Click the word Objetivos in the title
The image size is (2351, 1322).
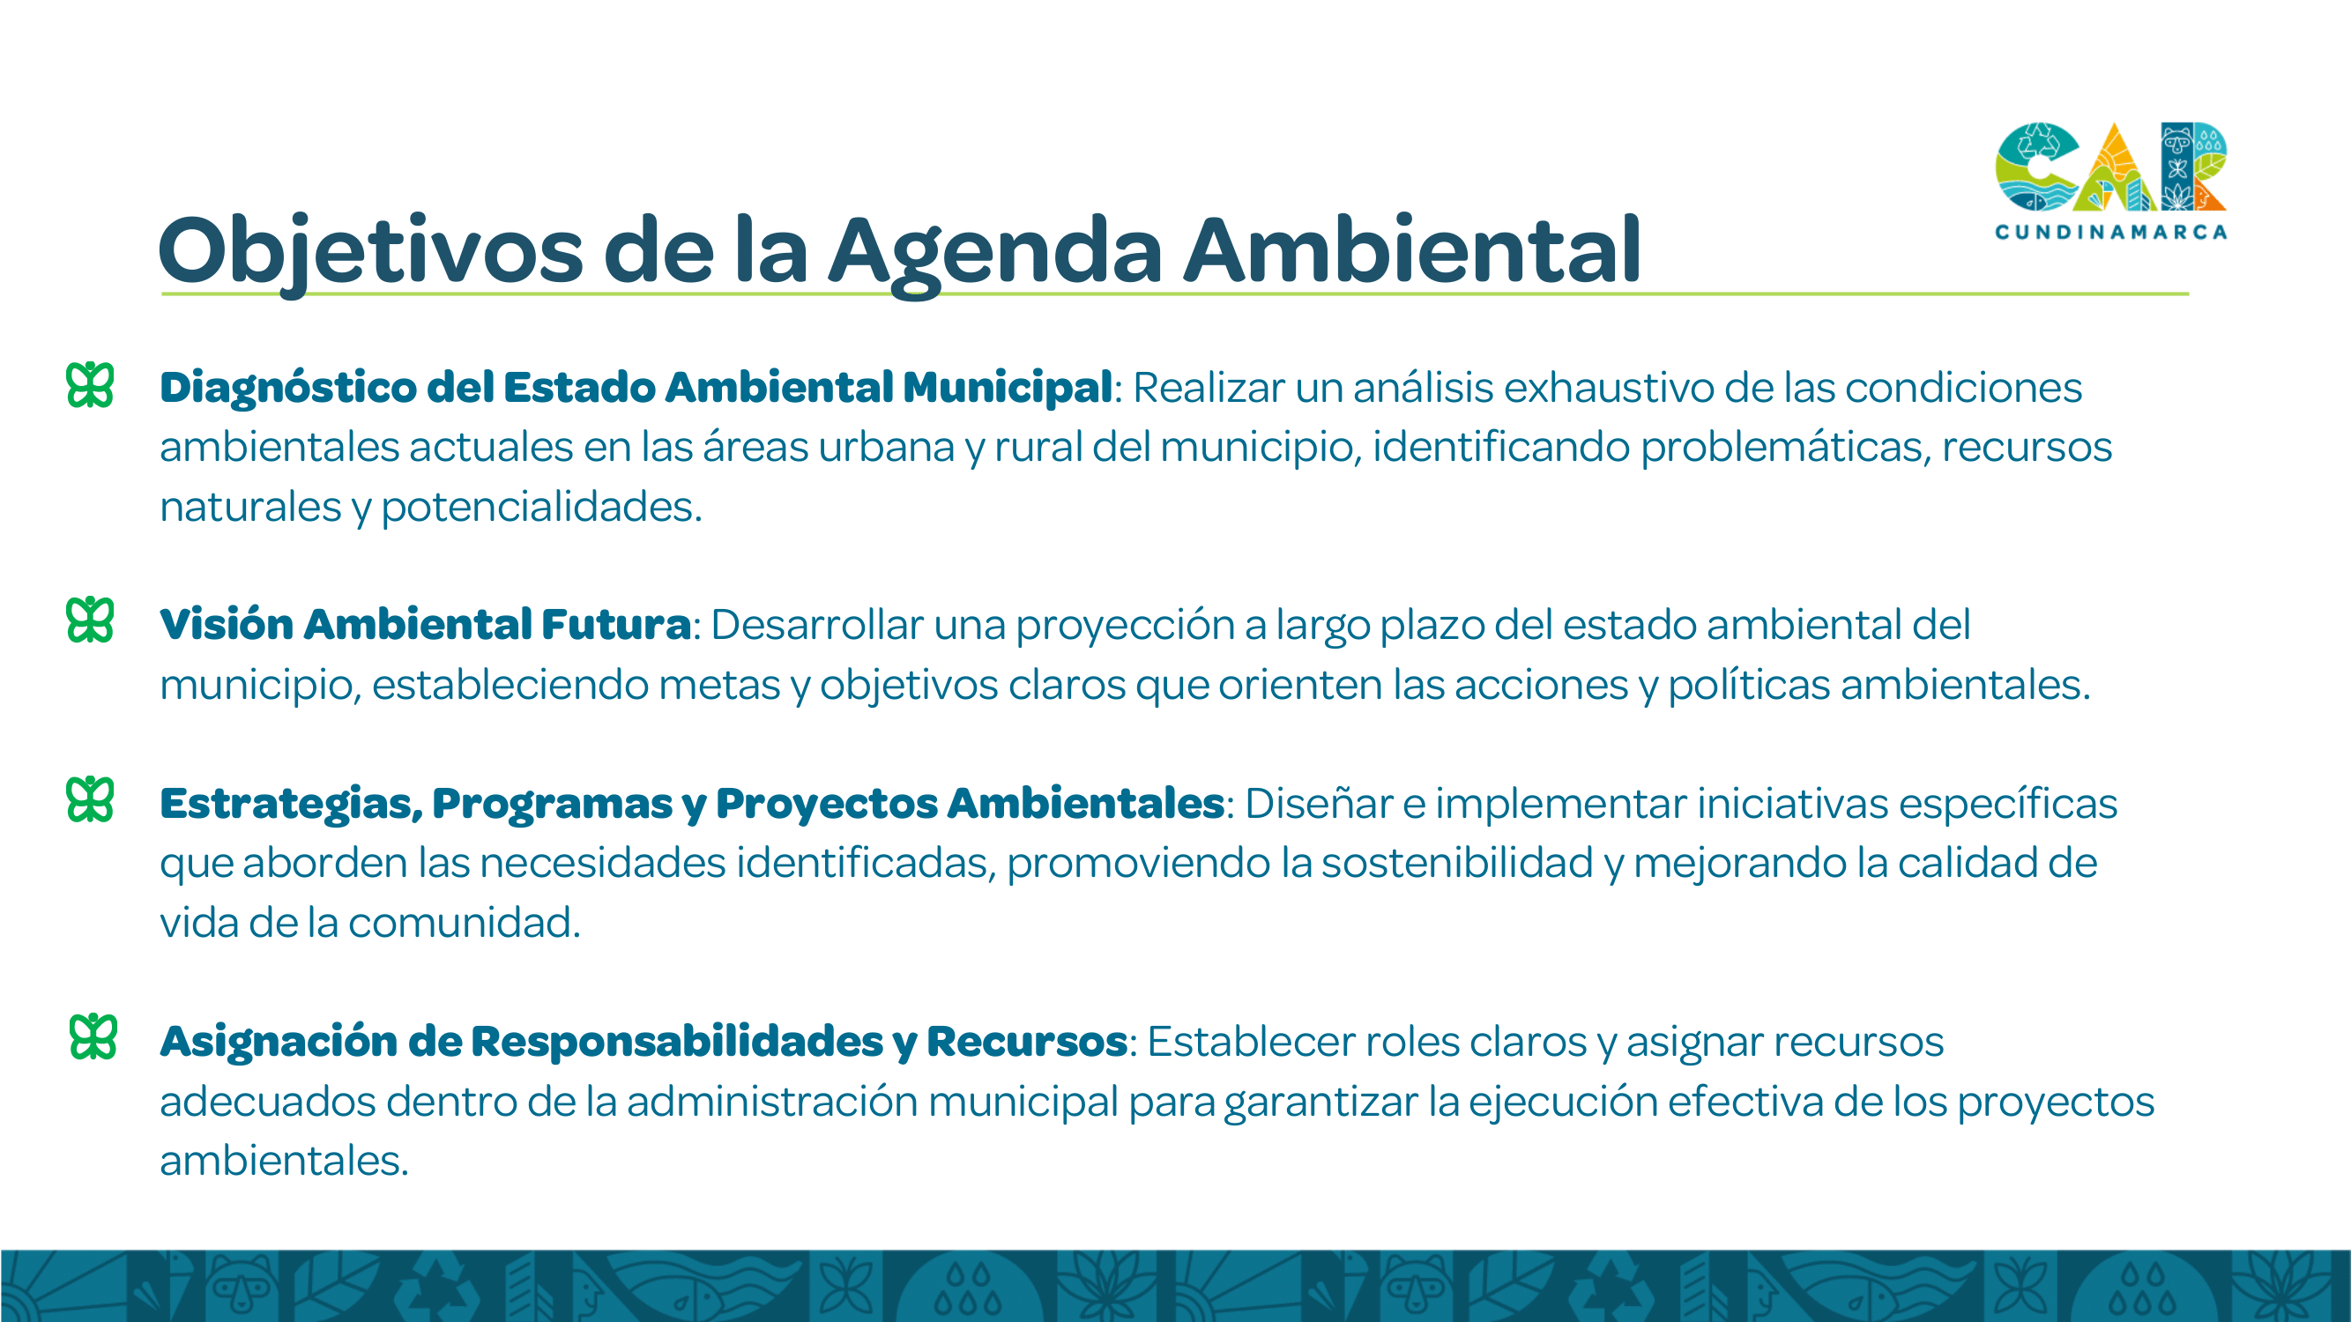[370, 252]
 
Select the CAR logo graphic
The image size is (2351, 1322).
[2110, 166]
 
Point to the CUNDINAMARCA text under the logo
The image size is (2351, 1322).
[2110, 232]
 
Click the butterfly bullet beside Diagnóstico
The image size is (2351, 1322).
[90, 385]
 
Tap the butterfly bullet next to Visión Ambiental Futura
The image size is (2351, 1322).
[90, 620]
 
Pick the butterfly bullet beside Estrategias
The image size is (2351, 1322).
[90, 800]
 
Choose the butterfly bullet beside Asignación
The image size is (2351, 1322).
[93, 1037]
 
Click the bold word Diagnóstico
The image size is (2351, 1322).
[288, 388]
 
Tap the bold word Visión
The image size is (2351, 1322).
[227, 625]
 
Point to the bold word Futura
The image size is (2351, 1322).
[616, 625]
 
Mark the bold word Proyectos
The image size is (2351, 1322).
[827, 805]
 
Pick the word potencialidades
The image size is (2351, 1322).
[541, 508]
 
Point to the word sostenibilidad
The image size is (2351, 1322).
[1457, 863]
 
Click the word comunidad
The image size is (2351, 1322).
[464, 923]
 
